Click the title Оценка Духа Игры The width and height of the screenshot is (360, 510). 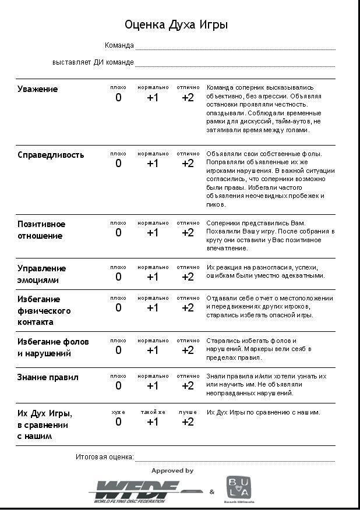click(176, 25)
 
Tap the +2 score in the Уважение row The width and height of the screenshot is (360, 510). click(188, 98)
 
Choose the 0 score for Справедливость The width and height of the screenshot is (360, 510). click(118, 164)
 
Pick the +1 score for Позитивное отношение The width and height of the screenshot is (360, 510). click(153, 233)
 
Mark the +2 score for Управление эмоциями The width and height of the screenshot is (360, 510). click(188, 277)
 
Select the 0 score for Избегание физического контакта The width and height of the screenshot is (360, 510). click(118, 308)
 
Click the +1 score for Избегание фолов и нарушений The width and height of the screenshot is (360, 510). click(153, 350)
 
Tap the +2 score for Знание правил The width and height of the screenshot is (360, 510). click(188, 386)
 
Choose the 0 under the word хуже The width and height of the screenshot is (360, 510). click(118, 422)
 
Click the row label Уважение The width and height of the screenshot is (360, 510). click(38, 89)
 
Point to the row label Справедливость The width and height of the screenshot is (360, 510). click(51, 155)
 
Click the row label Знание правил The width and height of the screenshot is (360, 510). click(48, 377)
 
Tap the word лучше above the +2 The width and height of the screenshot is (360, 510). click(188, 412)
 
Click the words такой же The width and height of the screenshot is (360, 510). click(153, 412)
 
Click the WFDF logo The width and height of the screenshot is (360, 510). click(146, 491)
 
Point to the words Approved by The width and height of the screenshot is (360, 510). click(172, 470)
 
